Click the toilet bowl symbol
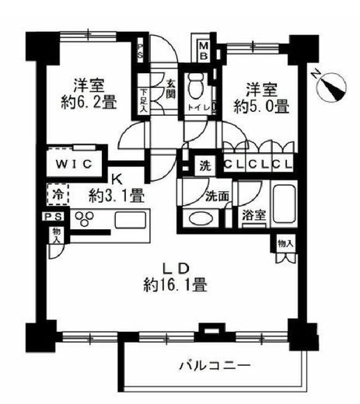[x=197, y=86]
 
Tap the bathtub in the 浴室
[x=285, y=204]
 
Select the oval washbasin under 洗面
[x=199, y=219]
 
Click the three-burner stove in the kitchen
[x=84, y=218]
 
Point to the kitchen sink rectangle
[x=131, y=220]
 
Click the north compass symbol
[x=330, y=86]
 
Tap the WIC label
[x=74, y=165]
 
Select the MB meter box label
[x=204, y=51]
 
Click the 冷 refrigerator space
[x=58, y=194]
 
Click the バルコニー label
[x=215, y=366]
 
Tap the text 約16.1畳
[x=175, y=284]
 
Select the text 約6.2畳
[x=89, y=101]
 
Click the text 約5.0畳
[x=261, y=106]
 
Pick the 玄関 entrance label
[x=170, y=88]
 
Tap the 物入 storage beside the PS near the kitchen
[x=57, y=235]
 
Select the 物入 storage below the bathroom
[x=285, y=243]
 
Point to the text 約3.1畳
[x=117, y=196]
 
